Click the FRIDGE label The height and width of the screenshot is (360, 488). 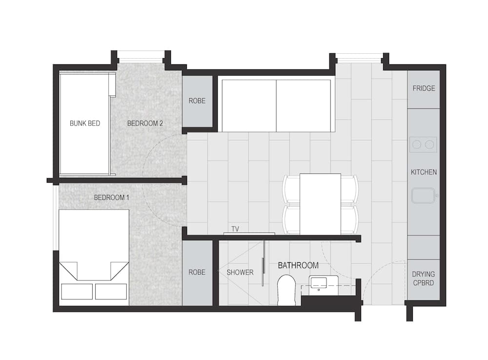pos(424,88)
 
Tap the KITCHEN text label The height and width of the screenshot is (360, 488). pos(424,172)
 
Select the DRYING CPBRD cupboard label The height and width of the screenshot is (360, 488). pos(423,278)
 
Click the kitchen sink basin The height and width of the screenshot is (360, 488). pos(423,195)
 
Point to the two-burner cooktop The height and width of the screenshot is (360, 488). pos(423,145)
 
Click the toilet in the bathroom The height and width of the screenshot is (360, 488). pos(286,290)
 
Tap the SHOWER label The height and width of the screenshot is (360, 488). pos(240,273)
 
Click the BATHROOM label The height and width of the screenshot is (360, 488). pos(298,265)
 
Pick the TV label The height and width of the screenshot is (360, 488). pos(235,229)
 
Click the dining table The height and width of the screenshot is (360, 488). pos(320,204)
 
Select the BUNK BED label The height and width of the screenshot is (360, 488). pos(85,123)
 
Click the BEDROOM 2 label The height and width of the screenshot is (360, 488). pos(145,123)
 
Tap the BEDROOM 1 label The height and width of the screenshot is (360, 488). pos(111,197)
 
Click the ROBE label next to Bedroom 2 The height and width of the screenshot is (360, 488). pos(197,101)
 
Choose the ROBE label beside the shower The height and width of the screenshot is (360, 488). pos(197,273)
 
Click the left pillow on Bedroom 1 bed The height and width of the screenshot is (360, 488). pos(77,292)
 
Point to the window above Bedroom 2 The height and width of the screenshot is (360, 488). pos(141,60)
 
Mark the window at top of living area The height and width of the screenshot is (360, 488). pos(359,60)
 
